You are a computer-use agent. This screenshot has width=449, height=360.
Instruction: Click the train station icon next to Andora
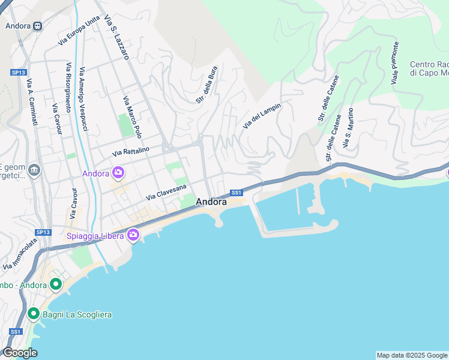pos(38,26)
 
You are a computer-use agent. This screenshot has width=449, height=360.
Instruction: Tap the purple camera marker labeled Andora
pos(118,173)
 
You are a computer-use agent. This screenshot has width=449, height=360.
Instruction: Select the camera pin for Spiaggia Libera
pos(133,236)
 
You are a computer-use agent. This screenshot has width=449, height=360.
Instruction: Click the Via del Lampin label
pos(262,115)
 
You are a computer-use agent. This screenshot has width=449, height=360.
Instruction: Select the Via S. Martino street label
pos(347,132)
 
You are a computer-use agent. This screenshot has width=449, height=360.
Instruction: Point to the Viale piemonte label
pos(395,63)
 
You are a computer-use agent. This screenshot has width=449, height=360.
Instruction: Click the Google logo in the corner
pos(19,353)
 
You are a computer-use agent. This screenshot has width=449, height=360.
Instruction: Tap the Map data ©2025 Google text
pos(412,355)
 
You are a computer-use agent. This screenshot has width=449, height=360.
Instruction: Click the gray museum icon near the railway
pos(33,172)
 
